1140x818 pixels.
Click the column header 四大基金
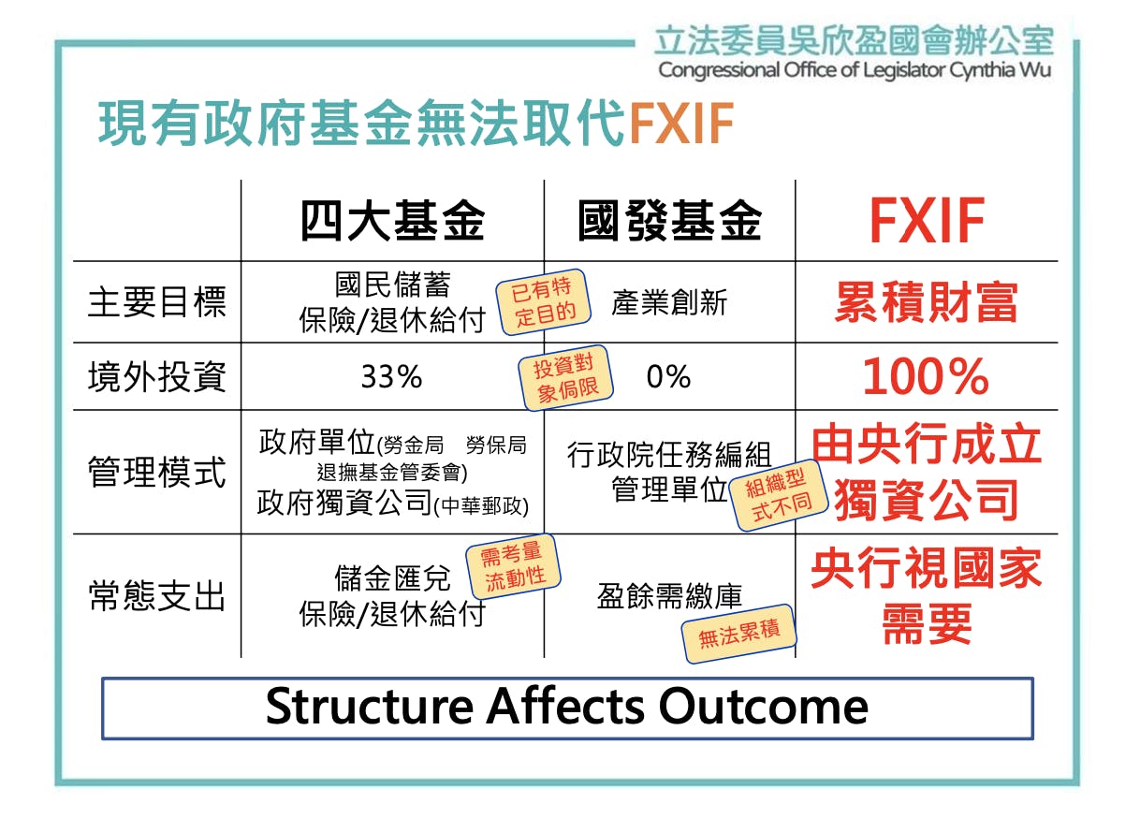392,222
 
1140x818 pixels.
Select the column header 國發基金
669,222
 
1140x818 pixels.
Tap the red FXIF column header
926,222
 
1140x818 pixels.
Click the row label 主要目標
156,302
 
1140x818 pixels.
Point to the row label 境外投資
156,376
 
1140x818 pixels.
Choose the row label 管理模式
156,472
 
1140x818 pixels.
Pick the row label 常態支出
156,596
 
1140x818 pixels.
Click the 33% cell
391,376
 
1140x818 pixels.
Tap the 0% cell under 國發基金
668,376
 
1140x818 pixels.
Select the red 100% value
926,376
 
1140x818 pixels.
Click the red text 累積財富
926,303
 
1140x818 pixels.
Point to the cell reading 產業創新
669,303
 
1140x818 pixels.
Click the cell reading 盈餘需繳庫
669,596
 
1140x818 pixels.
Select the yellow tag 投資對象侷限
565,378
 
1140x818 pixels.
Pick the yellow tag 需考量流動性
514,566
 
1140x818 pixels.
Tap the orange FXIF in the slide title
680,124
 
